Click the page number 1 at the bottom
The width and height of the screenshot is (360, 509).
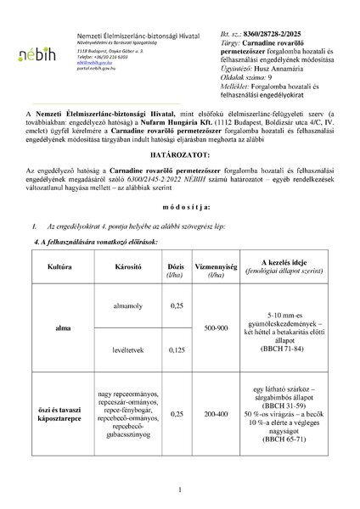[181, 490]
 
